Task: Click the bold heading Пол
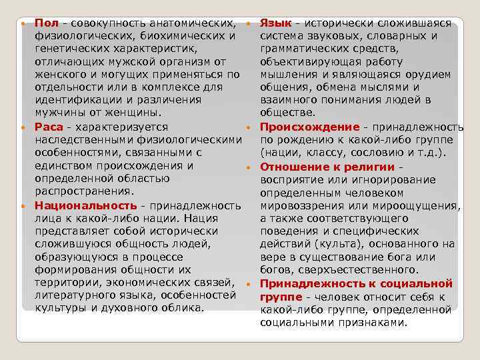coord(46,23)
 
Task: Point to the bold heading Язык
coord(275,23)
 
